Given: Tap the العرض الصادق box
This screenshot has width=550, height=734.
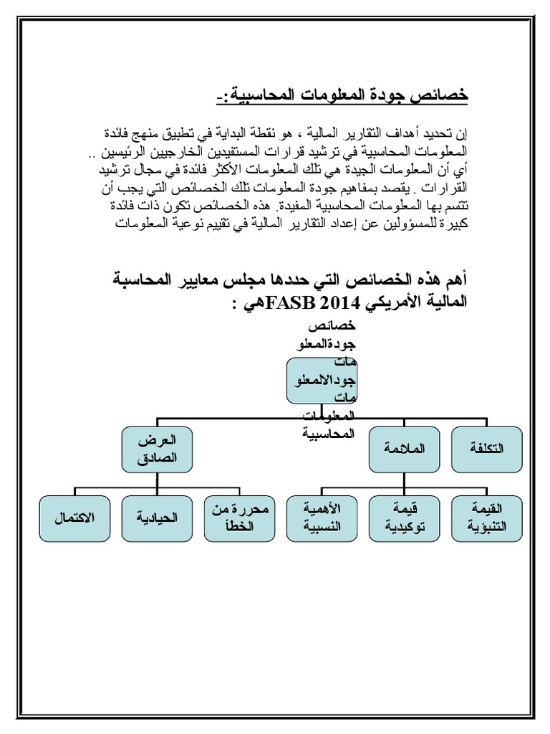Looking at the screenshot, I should point(157,449).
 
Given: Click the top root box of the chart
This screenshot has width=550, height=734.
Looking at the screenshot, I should point(322,385).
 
